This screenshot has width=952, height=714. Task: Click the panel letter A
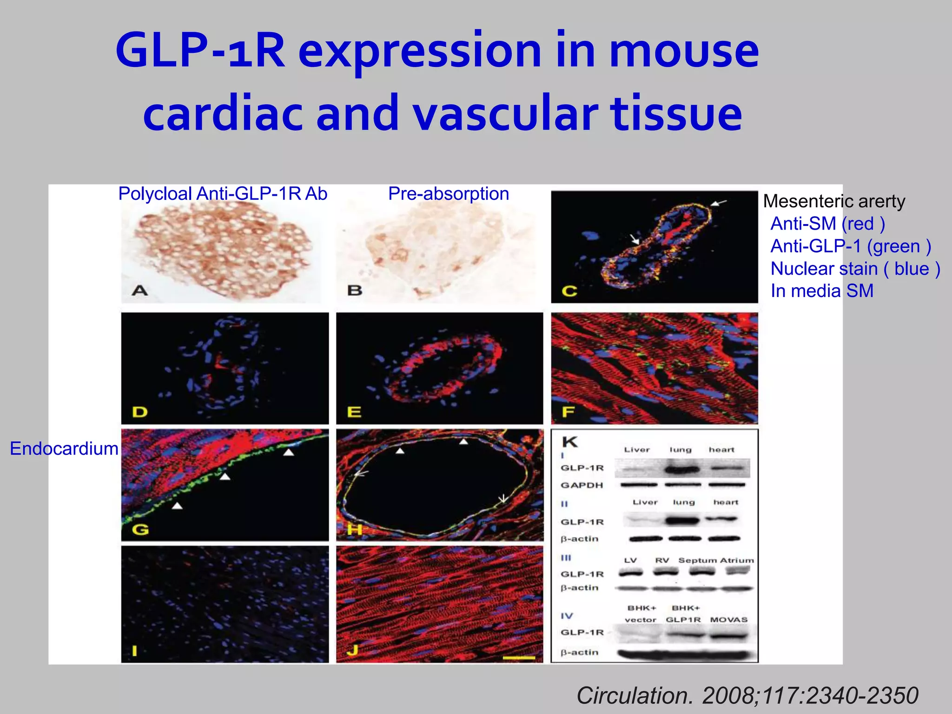point(139,291)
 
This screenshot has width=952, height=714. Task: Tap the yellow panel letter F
point(568,412)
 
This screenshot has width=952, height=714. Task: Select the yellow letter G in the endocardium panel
point(140,529)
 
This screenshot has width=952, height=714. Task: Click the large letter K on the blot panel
point(569,442)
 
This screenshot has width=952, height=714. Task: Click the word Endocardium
point(64,449)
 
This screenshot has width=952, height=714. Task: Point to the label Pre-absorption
point(449,194)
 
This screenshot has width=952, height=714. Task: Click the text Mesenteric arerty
point(834,201)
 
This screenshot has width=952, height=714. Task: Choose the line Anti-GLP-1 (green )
point(851,246)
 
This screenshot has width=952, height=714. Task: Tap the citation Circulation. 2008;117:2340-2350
point(747,696)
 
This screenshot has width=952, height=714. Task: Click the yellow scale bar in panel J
point(519,658)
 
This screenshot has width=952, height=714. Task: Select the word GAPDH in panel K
point(582,485)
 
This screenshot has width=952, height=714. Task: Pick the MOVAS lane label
point(728,620)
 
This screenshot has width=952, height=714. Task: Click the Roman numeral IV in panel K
point(567,616)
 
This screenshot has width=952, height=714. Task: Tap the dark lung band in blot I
point(682,469)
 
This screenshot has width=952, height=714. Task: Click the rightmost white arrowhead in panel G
point(289,452)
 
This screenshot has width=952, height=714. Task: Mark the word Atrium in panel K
point(737,561)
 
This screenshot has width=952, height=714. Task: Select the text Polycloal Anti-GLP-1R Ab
point(223,194)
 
